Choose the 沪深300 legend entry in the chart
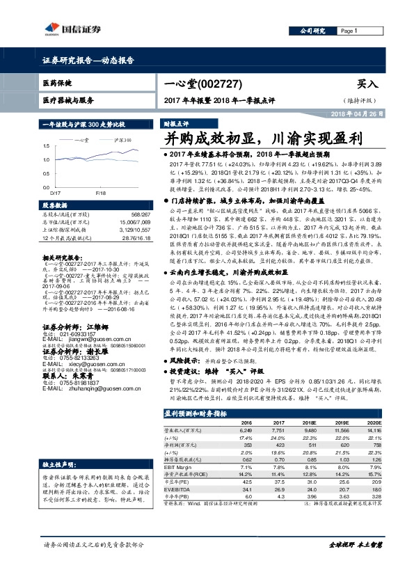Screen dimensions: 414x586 click(121, 140)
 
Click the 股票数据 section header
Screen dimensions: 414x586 click(57, 206)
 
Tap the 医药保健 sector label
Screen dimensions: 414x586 click(57, 83)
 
